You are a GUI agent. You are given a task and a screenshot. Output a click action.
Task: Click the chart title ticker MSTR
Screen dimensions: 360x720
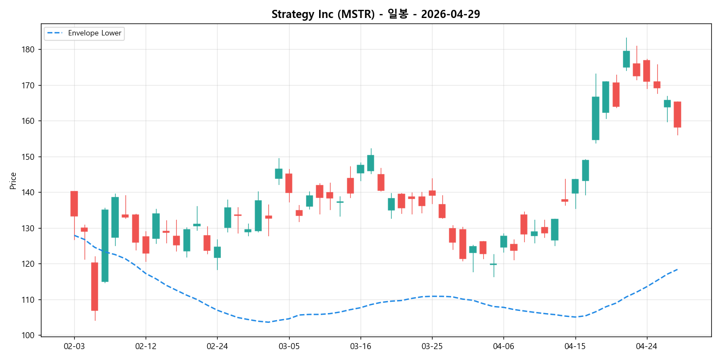tap(358, 14)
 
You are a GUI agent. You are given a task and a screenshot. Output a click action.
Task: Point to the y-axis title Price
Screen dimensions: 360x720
tap(13, 181)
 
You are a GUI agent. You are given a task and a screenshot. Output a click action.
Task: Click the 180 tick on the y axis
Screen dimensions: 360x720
tap(28, 50)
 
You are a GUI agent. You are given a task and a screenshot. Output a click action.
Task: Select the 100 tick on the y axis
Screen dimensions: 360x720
tap(28, 335)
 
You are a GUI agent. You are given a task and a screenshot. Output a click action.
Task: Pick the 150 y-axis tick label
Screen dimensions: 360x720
tap(28, 157)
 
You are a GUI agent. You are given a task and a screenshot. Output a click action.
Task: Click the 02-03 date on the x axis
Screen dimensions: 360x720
tap(74, 346)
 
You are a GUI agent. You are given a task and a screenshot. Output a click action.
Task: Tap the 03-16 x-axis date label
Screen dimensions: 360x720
tap(361, 346)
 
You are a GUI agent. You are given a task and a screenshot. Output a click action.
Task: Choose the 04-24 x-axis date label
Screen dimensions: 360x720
tap(646, 346)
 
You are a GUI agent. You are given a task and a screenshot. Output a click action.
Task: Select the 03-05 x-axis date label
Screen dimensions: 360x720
tap(289, 346)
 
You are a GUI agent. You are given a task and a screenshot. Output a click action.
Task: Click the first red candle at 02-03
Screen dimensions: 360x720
tap(74, 203)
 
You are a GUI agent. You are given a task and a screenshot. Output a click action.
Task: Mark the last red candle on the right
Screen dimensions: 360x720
tap(677, 115)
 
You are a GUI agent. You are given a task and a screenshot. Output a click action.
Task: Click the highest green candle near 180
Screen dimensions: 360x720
tap(626, 59)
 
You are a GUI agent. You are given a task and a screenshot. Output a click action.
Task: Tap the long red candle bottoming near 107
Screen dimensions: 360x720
tap(94, 286)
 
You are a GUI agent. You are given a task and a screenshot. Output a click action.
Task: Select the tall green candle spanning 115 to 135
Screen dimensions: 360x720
tap(105, 245)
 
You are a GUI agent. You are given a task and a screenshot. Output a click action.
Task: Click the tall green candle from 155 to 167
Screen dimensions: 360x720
tap(596, 118)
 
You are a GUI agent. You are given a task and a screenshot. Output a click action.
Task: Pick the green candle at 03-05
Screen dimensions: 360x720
tap(279, 173)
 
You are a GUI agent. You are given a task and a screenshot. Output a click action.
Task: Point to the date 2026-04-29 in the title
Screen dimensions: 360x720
tap(450, 14)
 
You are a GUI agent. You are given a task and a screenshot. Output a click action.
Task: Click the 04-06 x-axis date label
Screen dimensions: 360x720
tap(503, 346)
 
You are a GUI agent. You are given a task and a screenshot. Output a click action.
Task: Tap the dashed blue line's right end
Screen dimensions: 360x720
tap(677, 269)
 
